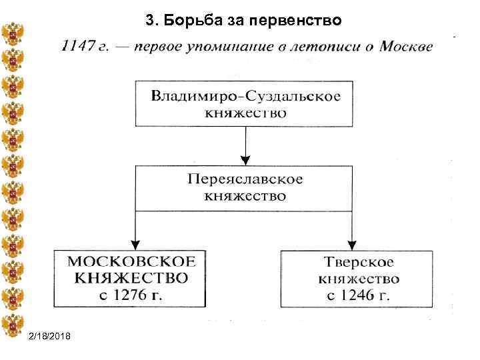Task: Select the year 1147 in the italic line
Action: coord(75,47)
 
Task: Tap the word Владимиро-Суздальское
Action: coord(245,95)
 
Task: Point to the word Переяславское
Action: coord(245,180)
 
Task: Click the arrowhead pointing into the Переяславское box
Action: coord(245,160)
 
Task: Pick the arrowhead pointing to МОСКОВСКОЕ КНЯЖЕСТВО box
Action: coord(135,244)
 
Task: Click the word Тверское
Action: coord(359,263)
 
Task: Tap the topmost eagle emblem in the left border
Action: coord(12,34)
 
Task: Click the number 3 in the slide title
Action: coord(149,21)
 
